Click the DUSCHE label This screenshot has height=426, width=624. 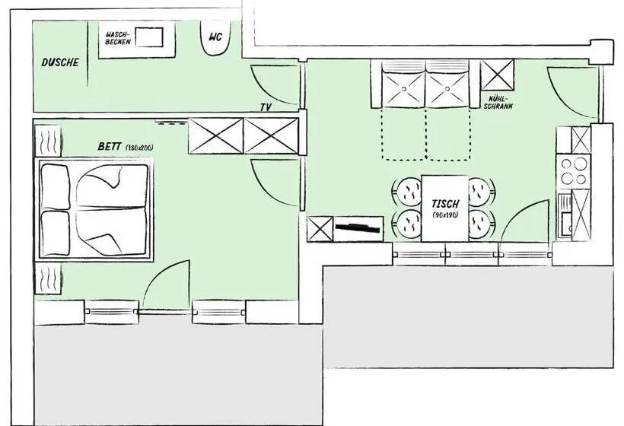click(x=60, y=62)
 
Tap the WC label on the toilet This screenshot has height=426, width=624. click(x=215, y=37)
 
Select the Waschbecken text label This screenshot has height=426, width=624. click(x=118, y=38)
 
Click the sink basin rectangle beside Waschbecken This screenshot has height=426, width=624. click(x=149, y=37)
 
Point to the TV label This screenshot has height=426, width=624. click(x=266, y=107)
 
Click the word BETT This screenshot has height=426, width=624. click(x=109, y=146)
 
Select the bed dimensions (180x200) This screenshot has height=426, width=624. click(x=139, y=148)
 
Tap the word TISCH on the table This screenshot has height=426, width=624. click(x=445, y=204)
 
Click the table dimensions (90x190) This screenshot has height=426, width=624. click(x=445, y=215)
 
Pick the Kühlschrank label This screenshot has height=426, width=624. click(x=498, y=102)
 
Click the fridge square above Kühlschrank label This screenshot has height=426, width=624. click(x=498, y=75)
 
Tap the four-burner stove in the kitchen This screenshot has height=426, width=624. click(x=574, y=171)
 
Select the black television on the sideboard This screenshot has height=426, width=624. click(x=358, y=227)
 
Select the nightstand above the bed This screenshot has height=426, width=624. click(x=48, y=141)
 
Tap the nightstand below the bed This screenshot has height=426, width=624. click(x=48, y=279)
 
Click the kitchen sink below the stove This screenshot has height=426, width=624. click(x=565, y=215)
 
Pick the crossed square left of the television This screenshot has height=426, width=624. click(x=320, y=229)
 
